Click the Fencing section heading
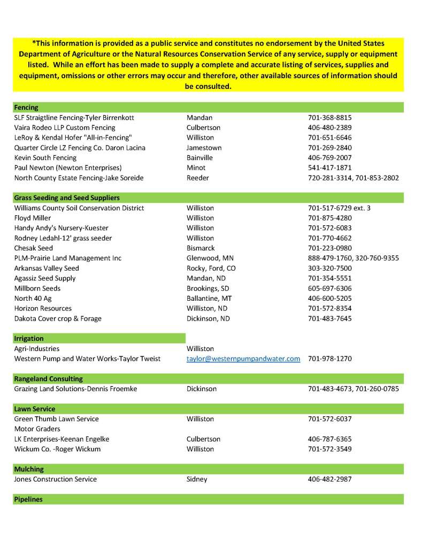click(26, 108)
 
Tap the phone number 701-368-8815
click(330, 118)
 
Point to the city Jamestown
click(204, 148)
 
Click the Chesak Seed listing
click(34, 248)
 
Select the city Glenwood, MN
click(210, 258)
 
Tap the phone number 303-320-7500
click(330, 268)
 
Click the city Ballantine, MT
click(209, 298)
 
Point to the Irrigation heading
click(29, 339)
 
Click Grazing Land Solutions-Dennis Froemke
click(75, 389)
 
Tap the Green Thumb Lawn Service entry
click(56, 419)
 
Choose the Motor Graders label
click(37, 429)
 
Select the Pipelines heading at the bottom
click(28, 499)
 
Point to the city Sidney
click(197, 479)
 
